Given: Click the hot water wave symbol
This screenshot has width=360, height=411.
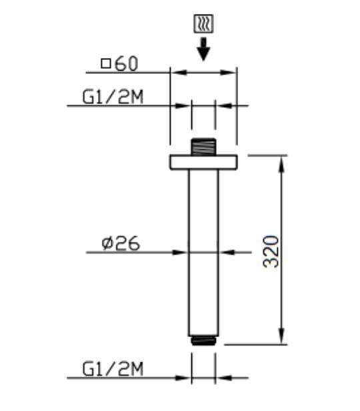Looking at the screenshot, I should (204, 25).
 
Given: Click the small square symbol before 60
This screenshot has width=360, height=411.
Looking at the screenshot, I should (106, 64).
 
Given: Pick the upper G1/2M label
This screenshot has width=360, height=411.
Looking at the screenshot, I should (113, 98).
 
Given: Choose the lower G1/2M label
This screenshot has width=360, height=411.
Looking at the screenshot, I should (113, 368).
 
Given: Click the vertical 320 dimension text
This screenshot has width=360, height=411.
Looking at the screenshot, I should (271, 250).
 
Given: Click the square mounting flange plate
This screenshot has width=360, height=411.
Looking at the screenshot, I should (203, 161).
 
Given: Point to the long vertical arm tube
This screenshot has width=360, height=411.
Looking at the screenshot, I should (203, 253).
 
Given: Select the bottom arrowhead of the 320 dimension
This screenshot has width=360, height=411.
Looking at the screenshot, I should (282, 339).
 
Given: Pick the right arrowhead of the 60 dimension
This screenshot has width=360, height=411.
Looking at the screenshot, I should (231, 72).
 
